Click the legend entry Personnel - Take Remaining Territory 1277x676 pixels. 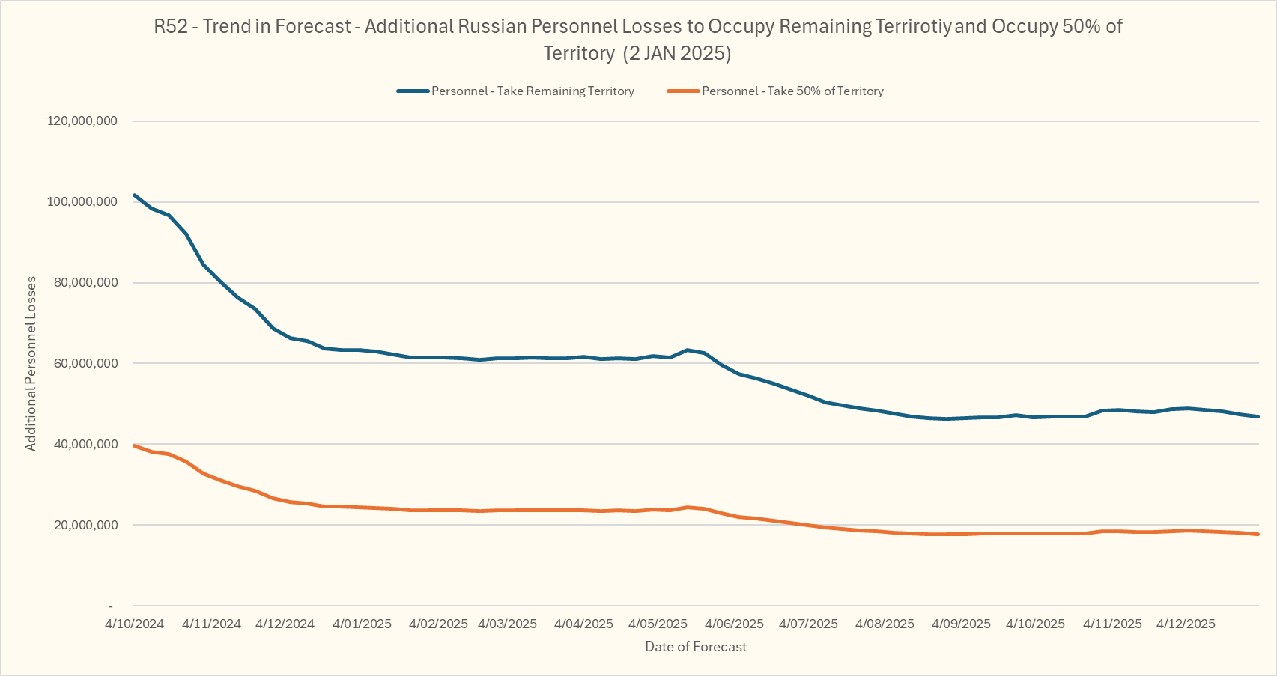click(x=533, y=91)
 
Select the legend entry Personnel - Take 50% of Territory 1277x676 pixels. click(x=792, y=91)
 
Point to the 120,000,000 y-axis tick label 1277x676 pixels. click(x=82, y=121)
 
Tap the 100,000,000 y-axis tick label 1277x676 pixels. click(x=82, y=202)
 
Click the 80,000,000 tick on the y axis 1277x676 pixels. click(x=86, y=283)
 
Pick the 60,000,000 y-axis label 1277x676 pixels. click(x=86, y=364)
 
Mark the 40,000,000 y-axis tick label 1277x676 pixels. click(x=86, y=445)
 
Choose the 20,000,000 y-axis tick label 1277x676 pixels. click(x=86, y=526)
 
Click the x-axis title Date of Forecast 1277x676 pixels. click(x=696, y=647)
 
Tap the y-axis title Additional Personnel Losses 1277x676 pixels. click(x=31, y=364)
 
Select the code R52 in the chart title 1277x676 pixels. click(x=170, y=27)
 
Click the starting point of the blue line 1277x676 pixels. click(x=135, y=195)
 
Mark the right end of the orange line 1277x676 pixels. click(x=1258, y=535)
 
